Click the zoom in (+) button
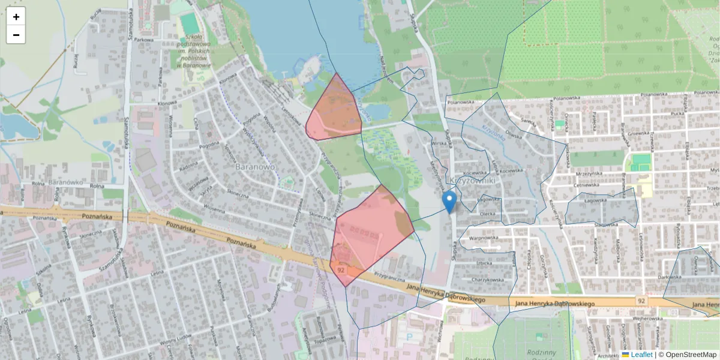click(x=16, y=17)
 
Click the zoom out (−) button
click(x=16, y=35)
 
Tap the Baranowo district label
click(x=254, y=166)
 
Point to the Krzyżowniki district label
click(x=472, y=180)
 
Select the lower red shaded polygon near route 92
click(x=369, y=231)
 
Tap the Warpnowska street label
click(x=484, y=238)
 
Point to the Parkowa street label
click(x=144, y=40)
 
